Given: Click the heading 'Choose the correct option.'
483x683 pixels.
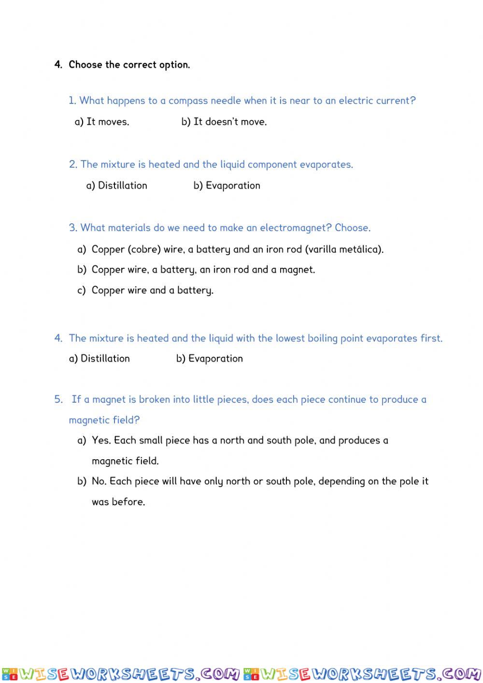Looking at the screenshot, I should (129, 65).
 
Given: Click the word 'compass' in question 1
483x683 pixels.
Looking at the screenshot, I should (187, 101).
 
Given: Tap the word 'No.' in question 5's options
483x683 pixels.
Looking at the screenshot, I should (99, 481).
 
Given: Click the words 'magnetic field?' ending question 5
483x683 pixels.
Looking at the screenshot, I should (104, 420).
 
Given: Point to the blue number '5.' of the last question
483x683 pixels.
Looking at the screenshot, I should (58, 399).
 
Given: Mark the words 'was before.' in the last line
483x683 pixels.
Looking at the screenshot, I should (118, 502).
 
